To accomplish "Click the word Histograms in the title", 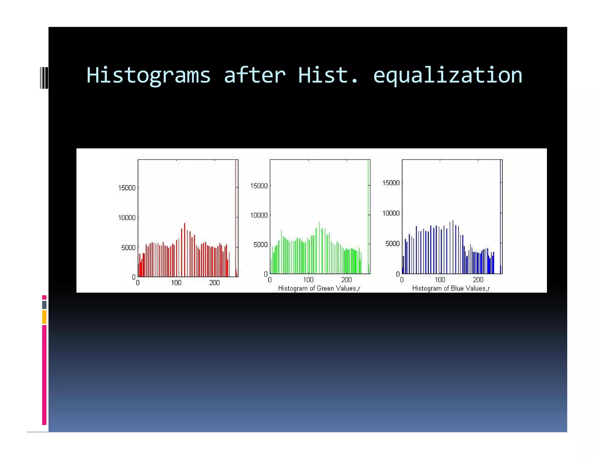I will point(148,75).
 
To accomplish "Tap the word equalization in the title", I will point(448,75).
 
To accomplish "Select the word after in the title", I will point(255,75).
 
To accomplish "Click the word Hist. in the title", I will point(328,75).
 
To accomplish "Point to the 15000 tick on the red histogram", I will point(127,188).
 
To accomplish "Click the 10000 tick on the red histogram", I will point(127,218).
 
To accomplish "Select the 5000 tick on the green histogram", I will point(260,245).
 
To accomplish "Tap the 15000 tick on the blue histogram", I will point(391,183).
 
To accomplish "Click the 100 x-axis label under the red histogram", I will point(176,283).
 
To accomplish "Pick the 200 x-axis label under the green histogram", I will point(346,280).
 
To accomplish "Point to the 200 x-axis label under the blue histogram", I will point(478,280).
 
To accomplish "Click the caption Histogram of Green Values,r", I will point(319,288).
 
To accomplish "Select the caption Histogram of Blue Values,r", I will point(451,288).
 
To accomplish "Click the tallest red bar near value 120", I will point(184,250).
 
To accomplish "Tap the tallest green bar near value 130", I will point(319,248).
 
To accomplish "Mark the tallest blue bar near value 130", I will point(453,247).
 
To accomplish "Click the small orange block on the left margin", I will point(44,317).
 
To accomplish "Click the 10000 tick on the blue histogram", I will point(391,213).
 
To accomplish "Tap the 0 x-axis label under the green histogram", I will point(270,280).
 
